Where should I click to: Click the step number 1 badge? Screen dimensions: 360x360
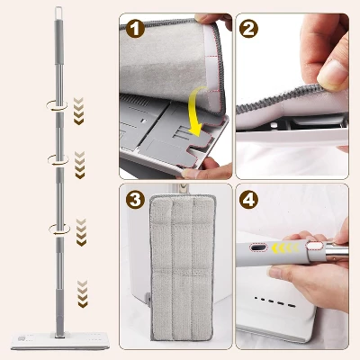[135, 28]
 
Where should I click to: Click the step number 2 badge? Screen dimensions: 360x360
[248, 28]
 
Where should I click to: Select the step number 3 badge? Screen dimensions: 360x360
[135, 198]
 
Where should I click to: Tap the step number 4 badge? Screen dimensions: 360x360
[248, 198]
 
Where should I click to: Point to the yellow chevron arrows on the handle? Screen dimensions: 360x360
[285, 248]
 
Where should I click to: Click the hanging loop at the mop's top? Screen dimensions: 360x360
[58, 13]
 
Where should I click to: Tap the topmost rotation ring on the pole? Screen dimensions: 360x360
[57, 106]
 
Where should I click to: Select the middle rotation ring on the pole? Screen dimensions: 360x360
[58, 159]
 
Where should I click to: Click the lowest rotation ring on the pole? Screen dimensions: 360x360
[59, 229]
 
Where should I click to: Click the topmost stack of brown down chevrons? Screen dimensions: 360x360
[78, 111]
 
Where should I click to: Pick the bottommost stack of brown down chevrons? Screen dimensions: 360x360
[82, 294]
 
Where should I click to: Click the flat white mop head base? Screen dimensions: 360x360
[60, 340]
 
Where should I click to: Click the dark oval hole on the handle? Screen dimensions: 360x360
[258, 247]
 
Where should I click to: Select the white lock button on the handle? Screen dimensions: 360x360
[313, 246]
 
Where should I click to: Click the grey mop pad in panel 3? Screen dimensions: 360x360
[183, 267]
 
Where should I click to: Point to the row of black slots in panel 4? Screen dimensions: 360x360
[275, 302]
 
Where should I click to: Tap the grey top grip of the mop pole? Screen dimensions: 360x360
[58, 42]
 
